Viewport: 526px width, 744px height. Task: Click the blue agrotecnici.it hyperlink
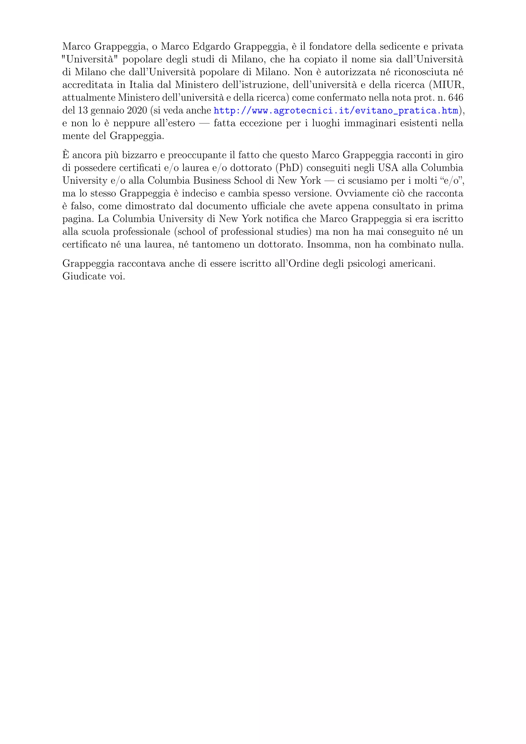pos(336,111)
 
